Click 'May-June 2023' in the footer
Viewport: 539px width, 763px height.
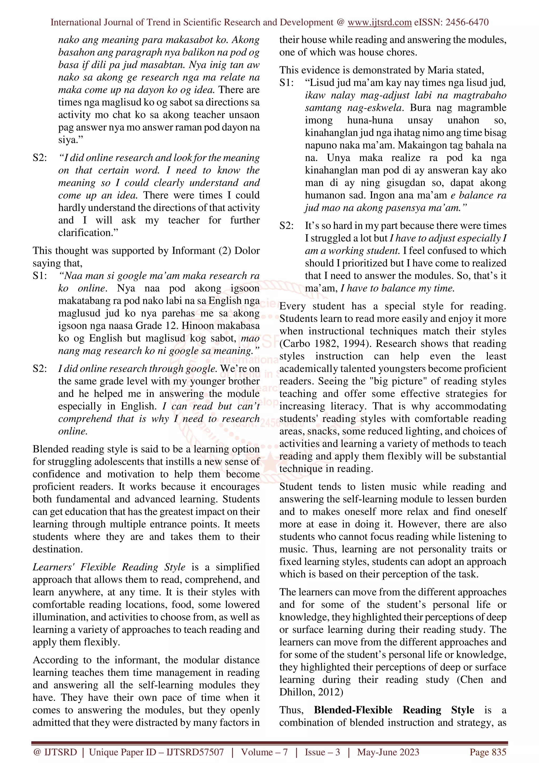[x=388, y=752]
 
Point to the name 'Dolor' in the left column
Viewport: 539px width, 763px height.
[x=247, y=251]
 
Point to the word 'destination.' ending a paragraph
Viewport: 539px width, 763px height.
[x=58, y=549]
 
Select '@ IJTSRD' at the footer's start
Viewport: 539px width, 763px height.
[x=55, y=752]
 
